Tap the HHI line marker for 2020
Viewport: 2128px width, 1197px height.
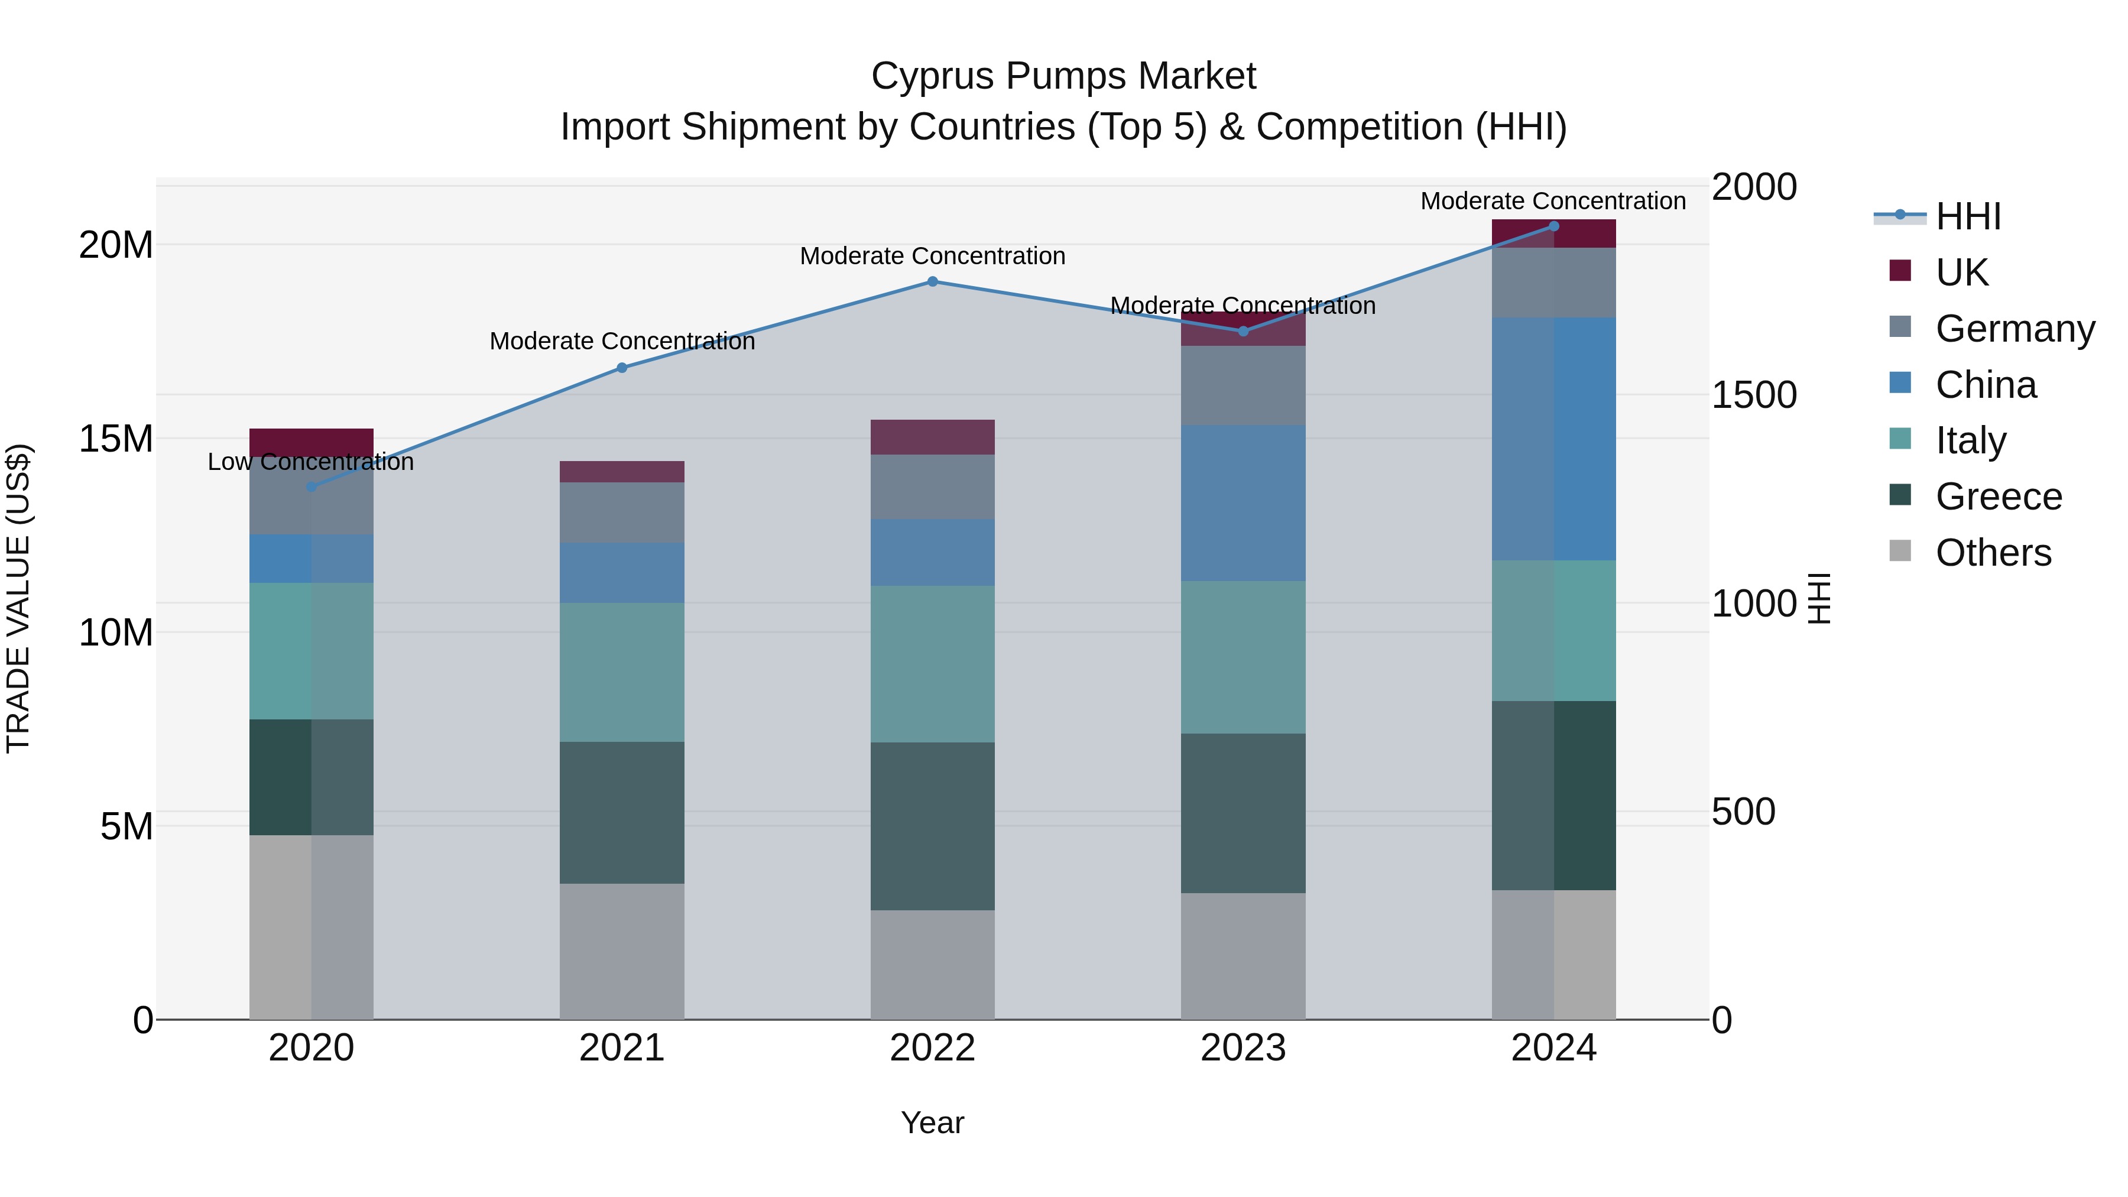tap(312, 486)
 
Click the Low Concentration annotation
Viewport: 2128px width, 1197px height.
tap(310, 462)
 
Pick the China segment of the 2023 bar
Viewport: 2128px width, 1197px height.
tap(1243, 503)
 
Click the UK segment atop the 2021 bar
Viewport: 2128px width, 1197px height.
tap(621, 472)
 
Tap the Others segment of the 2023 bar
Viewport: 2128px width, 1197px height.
tap(1243, 956)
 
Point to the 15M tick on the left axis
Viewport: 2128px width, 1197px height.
tap(116, 439)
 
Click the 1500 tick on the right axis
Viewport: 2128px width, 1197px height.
tap(1753, 395)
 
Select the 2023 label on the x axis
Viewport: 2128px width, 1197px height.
tap(1243, 1048)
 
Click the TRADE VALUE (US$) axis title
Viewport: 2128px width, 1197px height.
tap(18, 598)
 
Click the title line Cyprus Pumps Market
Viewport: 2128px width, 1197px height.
tap(1063, 76)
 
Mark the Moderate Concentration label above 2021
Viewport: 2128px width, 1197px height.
tap(622, 341)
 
